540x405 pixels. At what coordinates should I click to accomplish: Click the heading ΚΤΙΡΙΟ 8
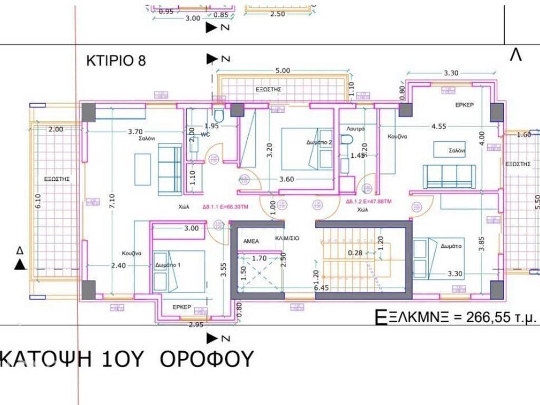[x=115, y=61]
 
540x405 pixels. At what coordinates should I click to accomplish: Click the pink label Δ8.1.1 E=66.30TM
[x=225, y=207]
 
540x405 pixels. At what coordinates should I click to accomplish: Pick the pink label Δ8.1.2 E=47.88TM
[x=369, y=201]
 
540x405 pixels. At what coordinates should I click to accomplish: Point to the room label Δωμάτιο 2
[x=319, y=142]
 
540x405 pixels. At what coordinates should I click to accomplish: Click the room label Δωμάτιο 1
[x=168, y=265]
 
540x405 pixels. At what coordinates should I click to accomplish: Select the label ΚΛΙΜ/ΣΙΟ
[x=287, y=238]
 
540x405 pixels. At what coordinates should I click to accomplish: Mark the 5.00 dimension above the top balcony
[x=283, y=70]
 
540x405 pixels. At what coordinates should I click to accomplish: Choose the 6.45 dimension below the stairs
[x=322, y=288]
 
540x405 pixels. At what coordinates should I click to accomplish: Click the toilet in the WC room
[x=219, y=114]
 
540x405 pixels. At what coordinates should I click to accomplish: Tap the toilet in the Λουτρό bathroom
[x=346, y=140]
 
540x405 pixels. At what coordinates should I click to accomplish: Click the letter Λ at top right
[x=515, y=55]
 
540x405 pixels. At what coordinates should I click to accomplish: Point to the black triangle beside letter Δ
[x=20, y=264]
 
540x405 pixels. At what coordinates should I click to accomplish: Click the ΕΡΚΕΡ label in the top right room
[x=465, y=104]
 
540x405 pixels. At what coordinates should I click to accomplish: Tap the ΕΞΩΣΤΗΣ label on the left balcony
[x=57, y=179]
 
